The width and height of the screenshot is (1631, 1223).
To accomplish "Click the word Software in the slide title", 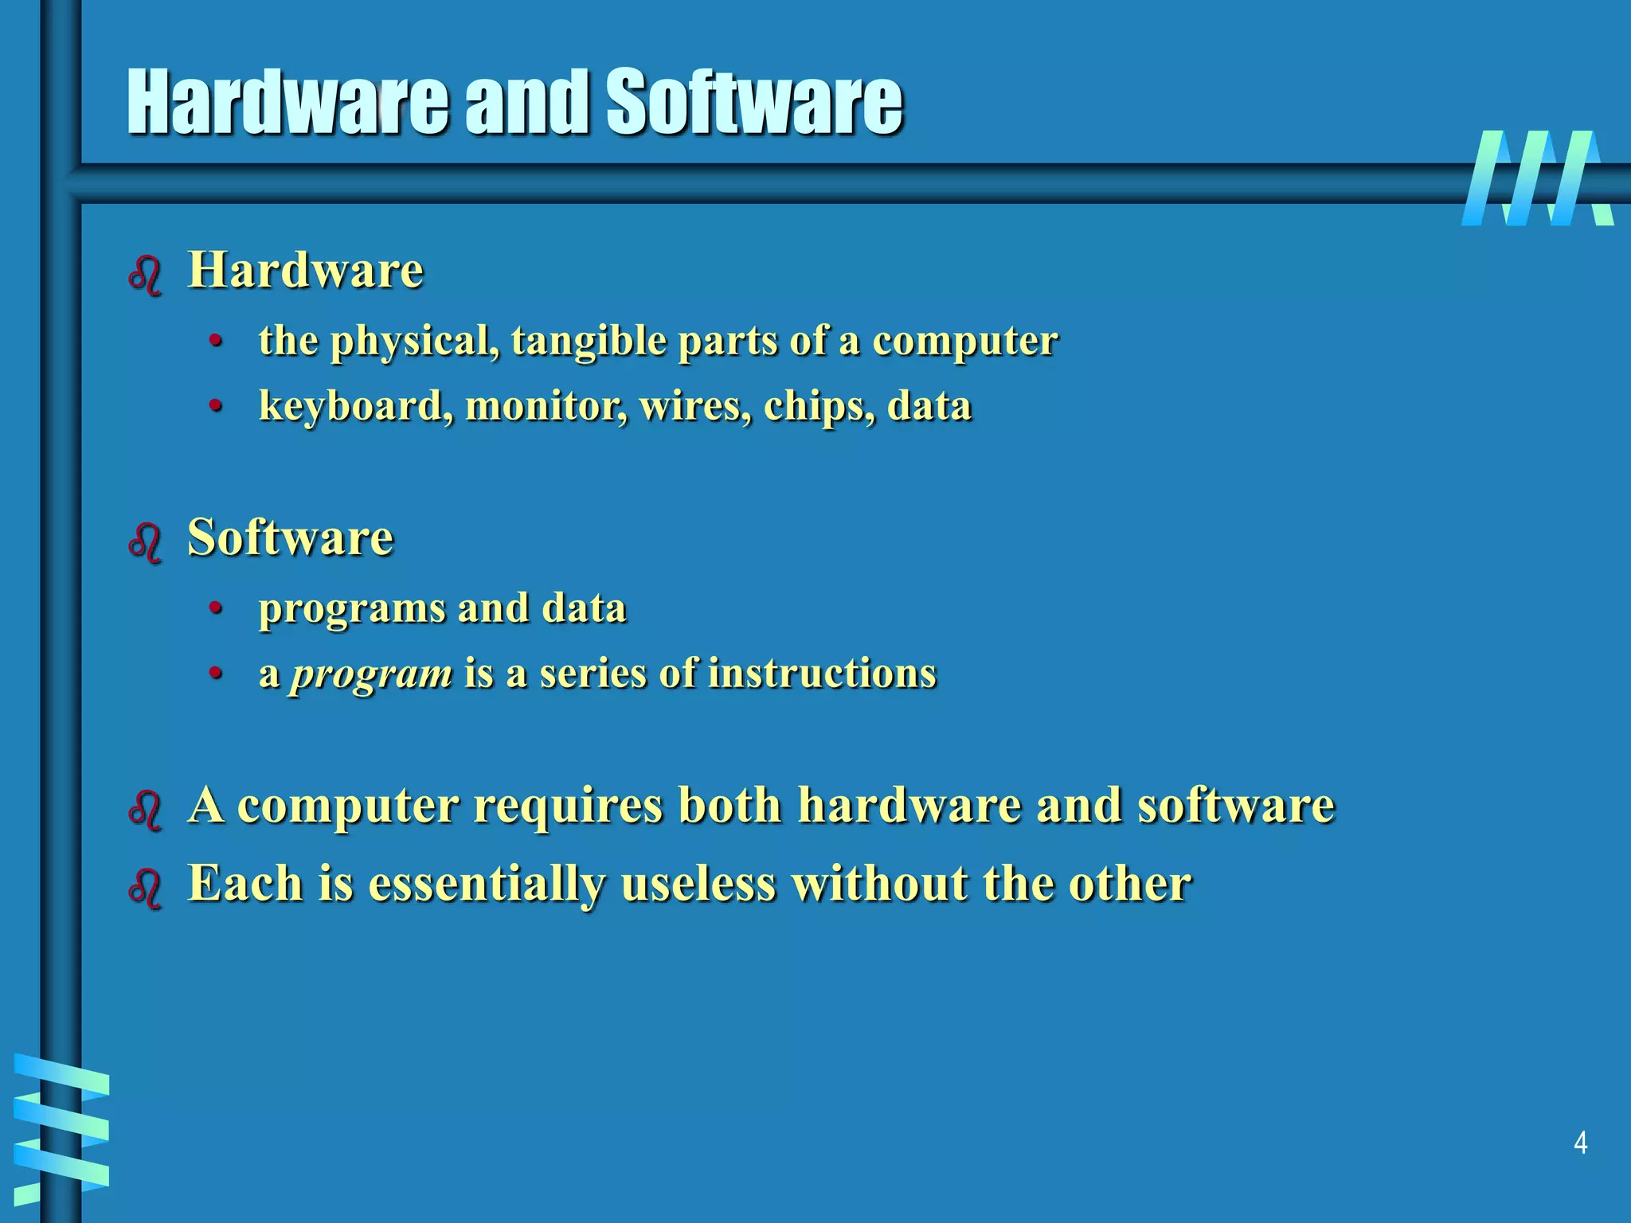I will tap(753, 102).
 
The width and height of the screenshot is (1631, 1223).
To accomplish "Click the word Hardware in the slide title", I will tap(287, 102).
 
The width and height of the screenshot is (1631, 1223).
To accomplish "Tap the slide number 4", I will tap(1581, 1143).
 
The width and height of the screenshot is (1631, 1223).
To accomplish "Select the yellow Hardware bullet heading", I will tap(305, 270).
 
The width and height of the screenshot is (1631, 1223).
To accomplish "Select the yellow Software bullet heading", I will tap(290, 537).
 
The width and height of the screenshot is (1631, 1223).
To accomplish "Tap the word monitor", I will tap(546, 406).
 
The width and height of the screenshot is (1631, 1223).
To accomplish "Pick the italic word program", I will tap(371, 674).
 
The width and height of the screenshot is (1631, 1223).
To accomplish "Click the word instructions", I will tap(821, 673).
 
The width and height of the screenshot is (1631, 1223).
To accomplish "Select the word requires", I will tap(568, 805).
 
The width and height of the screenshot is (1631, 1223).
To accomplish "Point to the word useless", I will tap(698, 883).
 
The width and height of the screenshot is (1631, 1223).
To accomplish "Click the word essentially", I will tap(486, 884).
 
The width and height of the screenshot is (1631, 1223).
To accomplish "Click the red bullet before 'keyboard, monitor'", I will tap(214, 407).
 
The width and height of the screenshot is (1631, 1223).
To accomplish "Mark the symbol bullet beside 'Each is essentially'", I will tap(145, 887).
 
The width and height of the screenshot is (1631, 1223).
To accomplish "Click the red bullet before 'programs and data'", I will tap(214, 609).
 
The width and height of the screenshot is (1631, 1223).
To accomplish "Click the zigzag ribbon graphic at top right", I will tap(1537, 178).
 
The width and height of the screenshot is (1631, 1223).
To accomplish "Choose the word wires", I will tap(694, 406).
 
